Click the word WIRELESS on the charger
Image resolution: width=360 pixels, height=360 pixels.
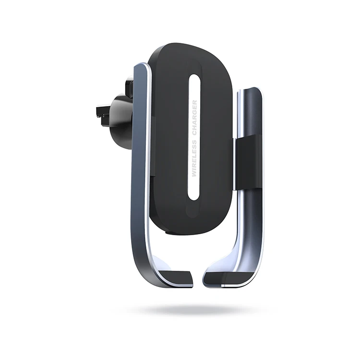point(194,158)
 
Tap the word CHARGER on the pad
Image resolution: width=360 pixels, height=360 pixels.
point(195,118)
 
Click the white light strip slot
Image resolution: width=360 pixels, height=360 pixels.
point(194,137)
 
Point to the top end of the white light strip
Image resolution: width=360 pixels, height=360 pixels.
point(195,74)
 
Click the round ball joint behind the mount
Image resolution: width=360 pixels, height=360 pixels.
point(122,122)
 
